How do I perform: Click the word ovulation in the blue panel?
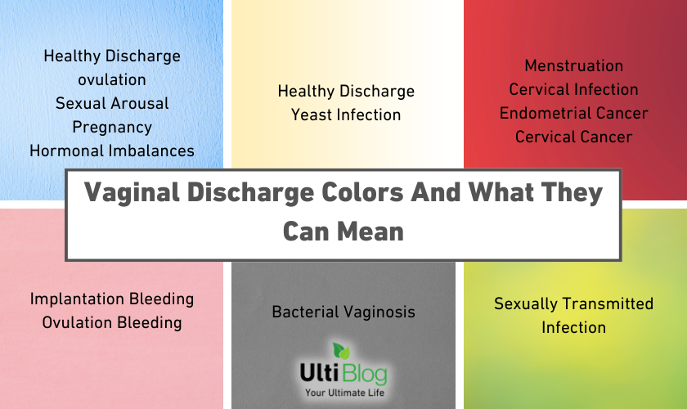tap(112, 80)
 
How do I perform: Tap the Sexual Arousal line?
tap(112, 103)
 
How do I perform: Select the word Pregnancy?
tap(112, 128)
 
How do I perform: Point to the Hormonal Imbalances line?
tap(112, 151)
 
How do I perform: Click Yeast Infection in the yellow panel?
tap(346, 115)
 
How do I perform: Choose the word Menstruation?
tap(574, 65)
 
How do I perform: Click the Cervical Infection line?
tap(574, 89)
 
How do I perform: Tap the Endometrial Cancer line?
tap(574, 113)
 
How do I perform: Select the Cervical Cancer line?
tap(574, 137)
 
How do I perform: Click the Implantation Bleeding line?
tap(112, 299)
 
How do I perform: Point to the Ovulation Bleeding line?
tap(112, 323)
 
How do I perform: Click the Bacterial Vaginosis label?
tap(343, 312)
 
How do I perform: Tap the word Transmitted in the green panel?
tap(607, 303)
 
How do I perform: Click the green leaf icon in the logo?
tap(341, 351)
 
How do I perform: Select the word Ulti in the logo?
tap(320, 373)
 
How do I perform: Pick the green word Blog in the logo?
tap(365, 375)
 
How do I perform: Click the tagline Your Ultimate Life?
tap(345, 393)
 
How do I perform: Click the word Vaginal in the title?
tap(132, 193)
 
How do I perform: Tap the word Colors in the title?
tap(362, 192)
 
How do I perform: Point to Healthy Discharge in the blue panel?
tap(112, 56)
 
